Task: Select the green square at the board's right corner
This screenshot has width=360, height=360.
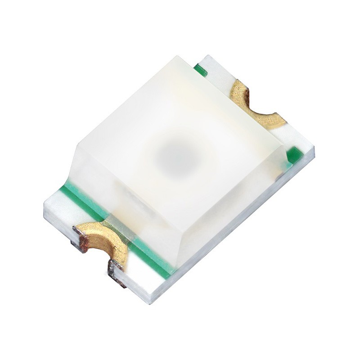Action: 294,154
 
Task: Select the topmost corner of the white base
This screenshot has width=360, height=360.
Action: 210,56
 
